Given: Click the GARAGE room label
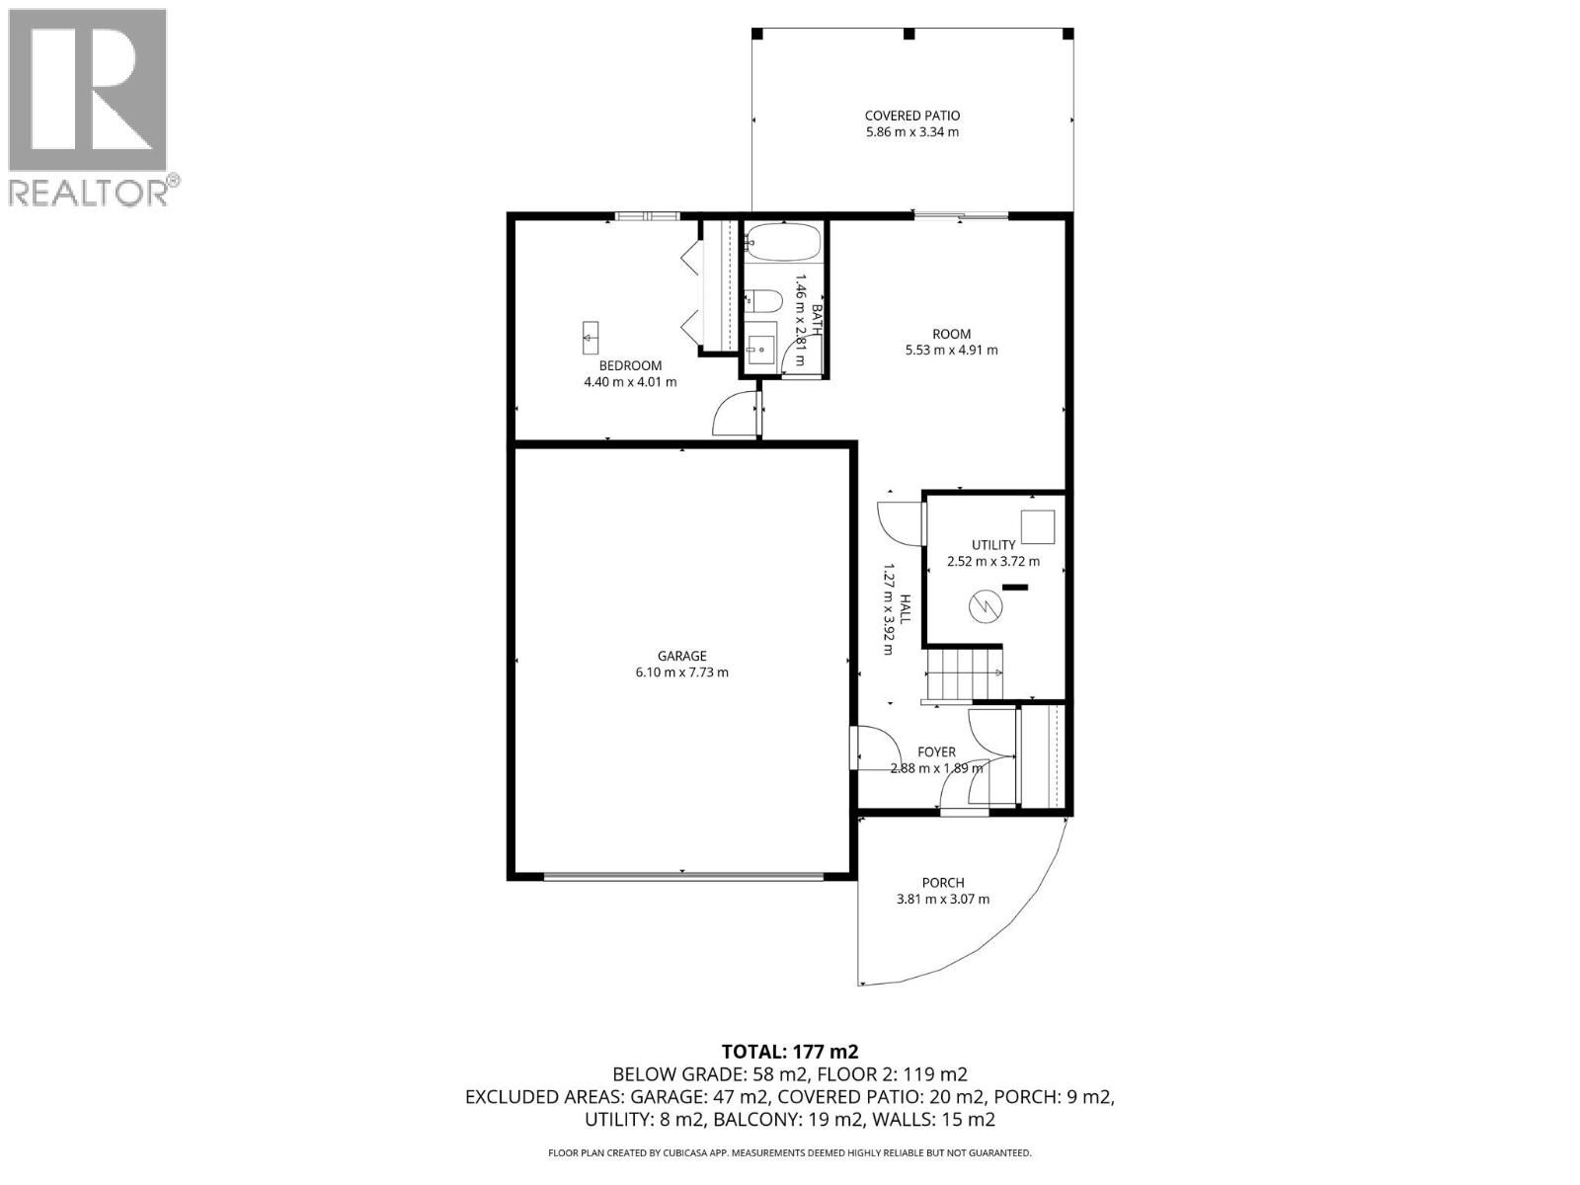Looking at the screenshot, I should click(x=681, y=656).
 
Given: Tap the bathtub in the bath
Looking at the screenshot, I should click(x=782, y=241).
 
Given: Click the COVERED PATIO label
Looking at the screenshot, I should click(x=911, y=116).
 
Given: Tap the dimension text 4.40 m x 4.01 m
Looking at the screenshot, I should click(x=630, y=382).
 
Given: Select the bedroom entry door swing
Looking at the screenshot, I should click(x=732, y=414).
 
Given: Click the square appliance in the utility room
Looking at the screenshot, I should click(x=1037, y=526).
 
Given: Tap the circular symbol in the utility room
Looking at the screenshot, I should click(x=985, y=607).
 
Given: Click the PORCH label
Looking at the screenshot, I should click(x=942, y=883).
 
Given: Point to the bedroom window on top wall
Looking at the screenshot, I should click(x=646, y=216).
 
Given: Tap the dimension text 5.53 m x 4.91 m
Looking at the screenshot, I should click(x=951, y=350).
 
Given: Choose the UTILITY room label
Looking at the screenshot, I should click(x=992, y=545).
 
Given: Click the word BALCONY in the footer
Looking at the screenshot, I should click(x=755, y=1120).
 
